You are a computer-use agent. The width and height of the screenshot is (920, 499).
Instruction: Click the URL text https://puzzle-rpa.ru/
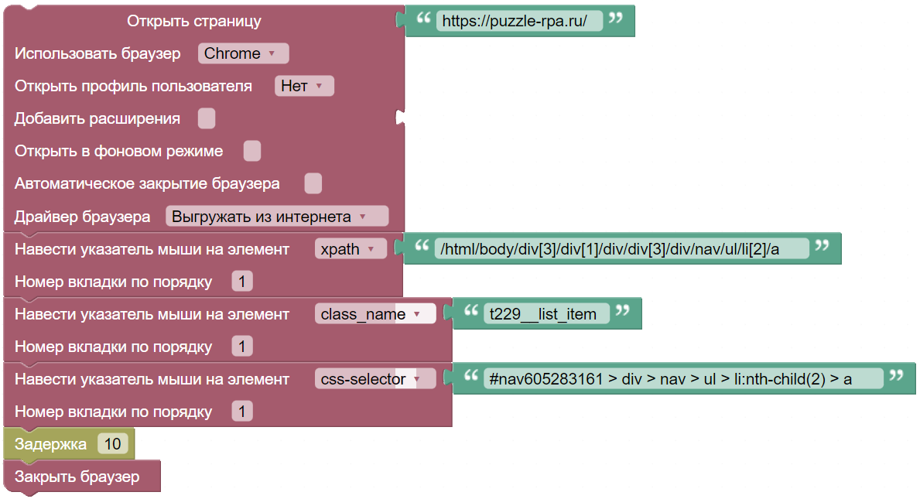coord(514,21)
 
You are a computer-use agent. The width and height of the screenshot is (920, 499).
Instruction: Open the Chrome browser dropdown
coord(243,53)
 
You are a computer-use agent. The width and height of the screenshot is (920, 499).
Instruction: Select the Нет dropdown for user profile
coord(304,86)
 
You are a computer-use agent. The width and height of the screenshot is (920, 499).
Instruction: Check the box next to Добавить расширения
coord(207,118)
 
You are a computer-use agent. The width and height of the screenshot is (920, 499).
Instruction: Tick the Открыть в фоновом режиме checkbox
coord(252,151)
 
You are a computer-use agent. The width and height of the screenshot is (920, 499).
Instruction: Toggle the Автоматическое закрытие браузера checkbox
coord(313,183)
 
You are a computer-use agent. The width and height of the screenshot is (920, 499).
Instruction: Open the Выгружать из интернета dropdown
coord(276,217)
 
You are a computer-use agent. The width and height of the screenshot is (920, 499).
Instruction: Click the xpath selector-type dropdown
coord(351,249)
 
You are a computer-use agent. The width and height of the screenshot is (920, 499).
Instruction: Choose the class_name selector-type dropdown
coord(375,314)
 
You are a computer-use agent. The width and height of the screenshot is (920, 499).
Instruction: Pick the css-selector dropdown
coord(375,379)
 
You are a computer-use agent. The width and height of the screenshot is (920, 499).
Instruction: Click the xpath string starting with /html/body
coord(610,249)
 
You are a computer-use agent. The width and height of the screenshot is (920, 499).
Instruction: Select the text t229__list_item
coord(542,314)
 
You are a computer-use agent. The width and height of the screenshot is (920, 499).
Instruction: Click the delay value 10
coord(113,444)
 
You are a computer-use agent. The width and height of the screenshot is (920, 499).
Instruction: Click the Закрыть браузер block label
coord(77,477)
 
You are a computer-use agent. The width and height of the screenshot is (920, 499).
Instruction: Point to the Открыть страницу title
coord(194,21)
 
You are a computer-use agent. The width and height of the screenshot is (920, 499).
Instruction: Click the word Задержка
coord(50,445)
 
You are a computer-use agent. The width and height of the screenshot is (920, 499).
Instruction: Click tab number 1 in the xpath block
coord(241,282)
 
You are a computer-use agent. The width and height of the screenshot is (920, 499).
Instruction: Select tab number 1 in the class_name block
coord(241,347)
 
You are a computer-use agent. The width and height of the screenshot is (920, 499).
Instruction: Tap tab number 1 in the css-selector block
coord(241,412)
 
